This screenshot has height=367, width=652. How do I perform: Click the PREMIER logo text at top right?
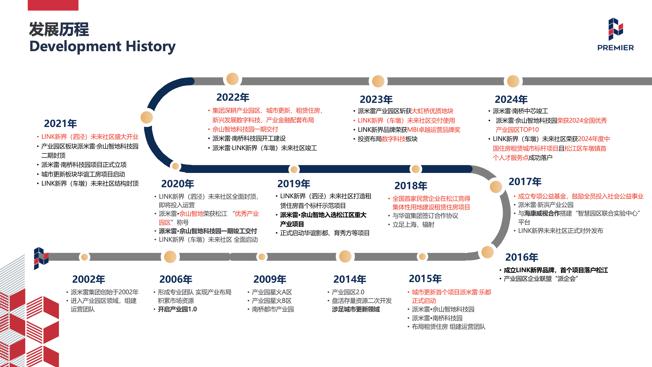(x=615, y=48)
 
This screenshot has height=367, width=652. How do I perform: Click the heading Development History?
(x=102, y=46)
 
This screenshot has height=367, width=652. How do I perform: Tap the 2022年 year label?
(x=233, y=97)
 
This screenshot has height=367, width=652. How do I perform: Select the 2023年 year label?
(x=376, y=100)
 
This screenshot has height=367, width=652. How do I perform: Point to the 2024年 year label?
(x=511, y=100)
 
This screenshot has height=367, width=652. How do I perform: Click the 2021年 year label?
(x=60, y=124)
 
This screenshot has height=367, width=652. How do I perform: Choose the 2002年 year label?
(x=88, y=279)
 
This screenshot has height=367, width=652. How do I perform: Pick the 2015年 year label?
(x=425, y=279)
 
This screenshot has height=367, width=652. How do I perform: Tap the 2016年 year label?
(x=521, y=257)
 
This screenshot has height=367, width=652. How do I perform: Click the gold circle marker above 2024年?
(x=513, y=81)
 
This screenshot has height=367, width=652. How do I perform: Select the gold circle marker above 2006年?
(x=170, y=257)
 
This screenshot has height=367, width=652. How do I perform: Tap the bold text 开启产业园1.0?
(x=177, y=309)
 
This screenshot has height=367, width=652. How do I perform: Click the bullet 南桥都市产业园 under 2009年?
(x=273, y=309)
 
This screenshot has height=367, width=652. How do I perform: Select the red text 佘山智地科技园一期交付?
(x=245, y=129)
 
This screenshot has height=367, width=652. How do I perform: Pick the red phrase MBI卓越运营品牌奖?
(x=434, y=130)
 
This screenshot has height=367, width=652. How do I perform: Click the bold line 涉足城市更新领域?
(x=356, y=309)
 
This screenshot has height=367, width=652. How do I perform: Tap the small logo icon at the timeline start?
(x=41, y=258)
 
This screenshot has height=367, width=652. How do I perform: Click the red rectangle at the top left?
(x=53, y=5)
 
